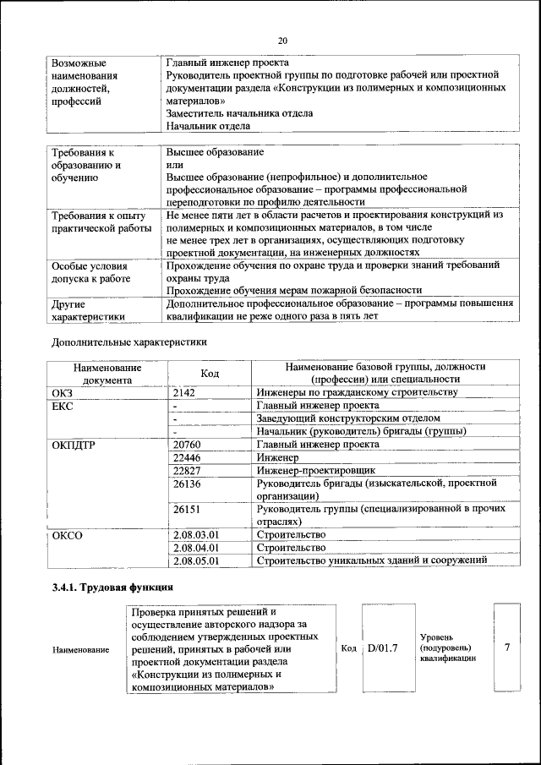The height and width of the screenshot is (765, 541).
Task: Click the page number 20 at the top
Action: click(282, 40)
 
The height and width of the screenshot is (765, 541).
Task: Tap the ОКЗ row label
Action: click(63, 393)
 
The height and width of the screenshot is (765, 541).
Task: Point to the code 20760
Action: click(187, 443)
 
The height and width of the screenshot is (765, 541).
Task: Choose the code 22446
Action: click(187, 456)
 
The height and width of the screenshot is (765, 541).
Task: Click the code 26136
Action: click(187, 484)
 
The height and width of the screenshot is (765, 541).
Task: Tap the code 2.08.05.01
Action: click(195, 560)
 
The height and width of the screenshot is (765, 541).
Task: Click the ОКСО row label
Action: click(68, 535)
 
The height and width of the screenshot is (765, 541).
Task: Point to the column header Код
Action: click(210, 373)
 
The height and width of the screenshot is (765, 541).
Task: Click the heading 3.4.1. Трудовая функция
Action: click(112, 587)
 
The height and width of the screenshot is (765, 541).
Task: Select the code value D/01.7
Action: click(383, 648)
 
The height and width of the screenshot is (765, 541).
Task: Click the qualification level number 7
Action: click(506, 648)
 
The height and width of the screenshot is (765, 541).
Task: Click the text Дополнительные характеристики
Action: click(129, 342)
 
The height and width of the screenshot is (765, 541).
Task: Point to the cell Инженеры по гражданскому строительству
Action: click(358, 393)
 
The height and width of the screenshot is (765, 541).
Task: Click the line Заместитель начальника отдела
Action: click(239, 113)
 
